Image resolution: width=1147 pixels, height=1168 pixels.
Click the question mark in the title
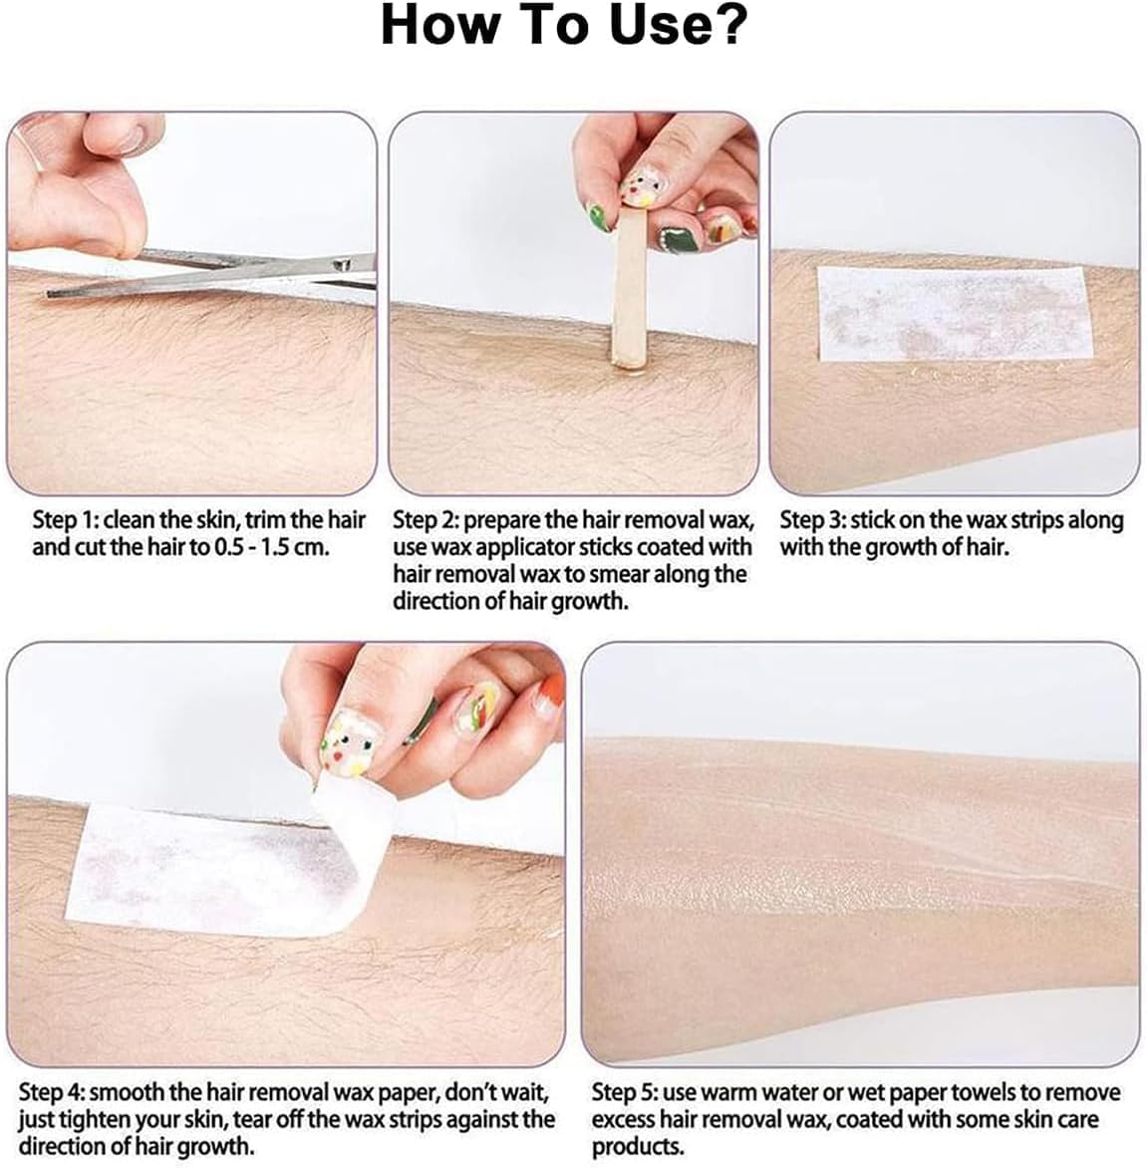point(723,25)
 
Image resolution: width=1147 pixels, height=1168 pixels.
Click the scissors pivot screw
point(342,264)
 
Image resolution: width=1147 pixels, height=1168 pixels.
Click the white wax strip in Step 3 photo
point(953,314)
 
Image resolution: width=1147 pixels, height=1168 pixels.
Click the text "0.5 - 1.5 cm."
point(272,547)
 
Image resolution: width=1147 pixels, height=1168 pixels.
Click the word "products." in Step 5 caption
point(638,1147)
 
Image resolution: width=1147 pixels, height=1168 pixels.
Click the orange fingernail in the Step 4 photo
point(550,692)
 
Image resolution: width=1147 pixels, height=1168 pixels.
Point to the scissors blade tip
point(49,294)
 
